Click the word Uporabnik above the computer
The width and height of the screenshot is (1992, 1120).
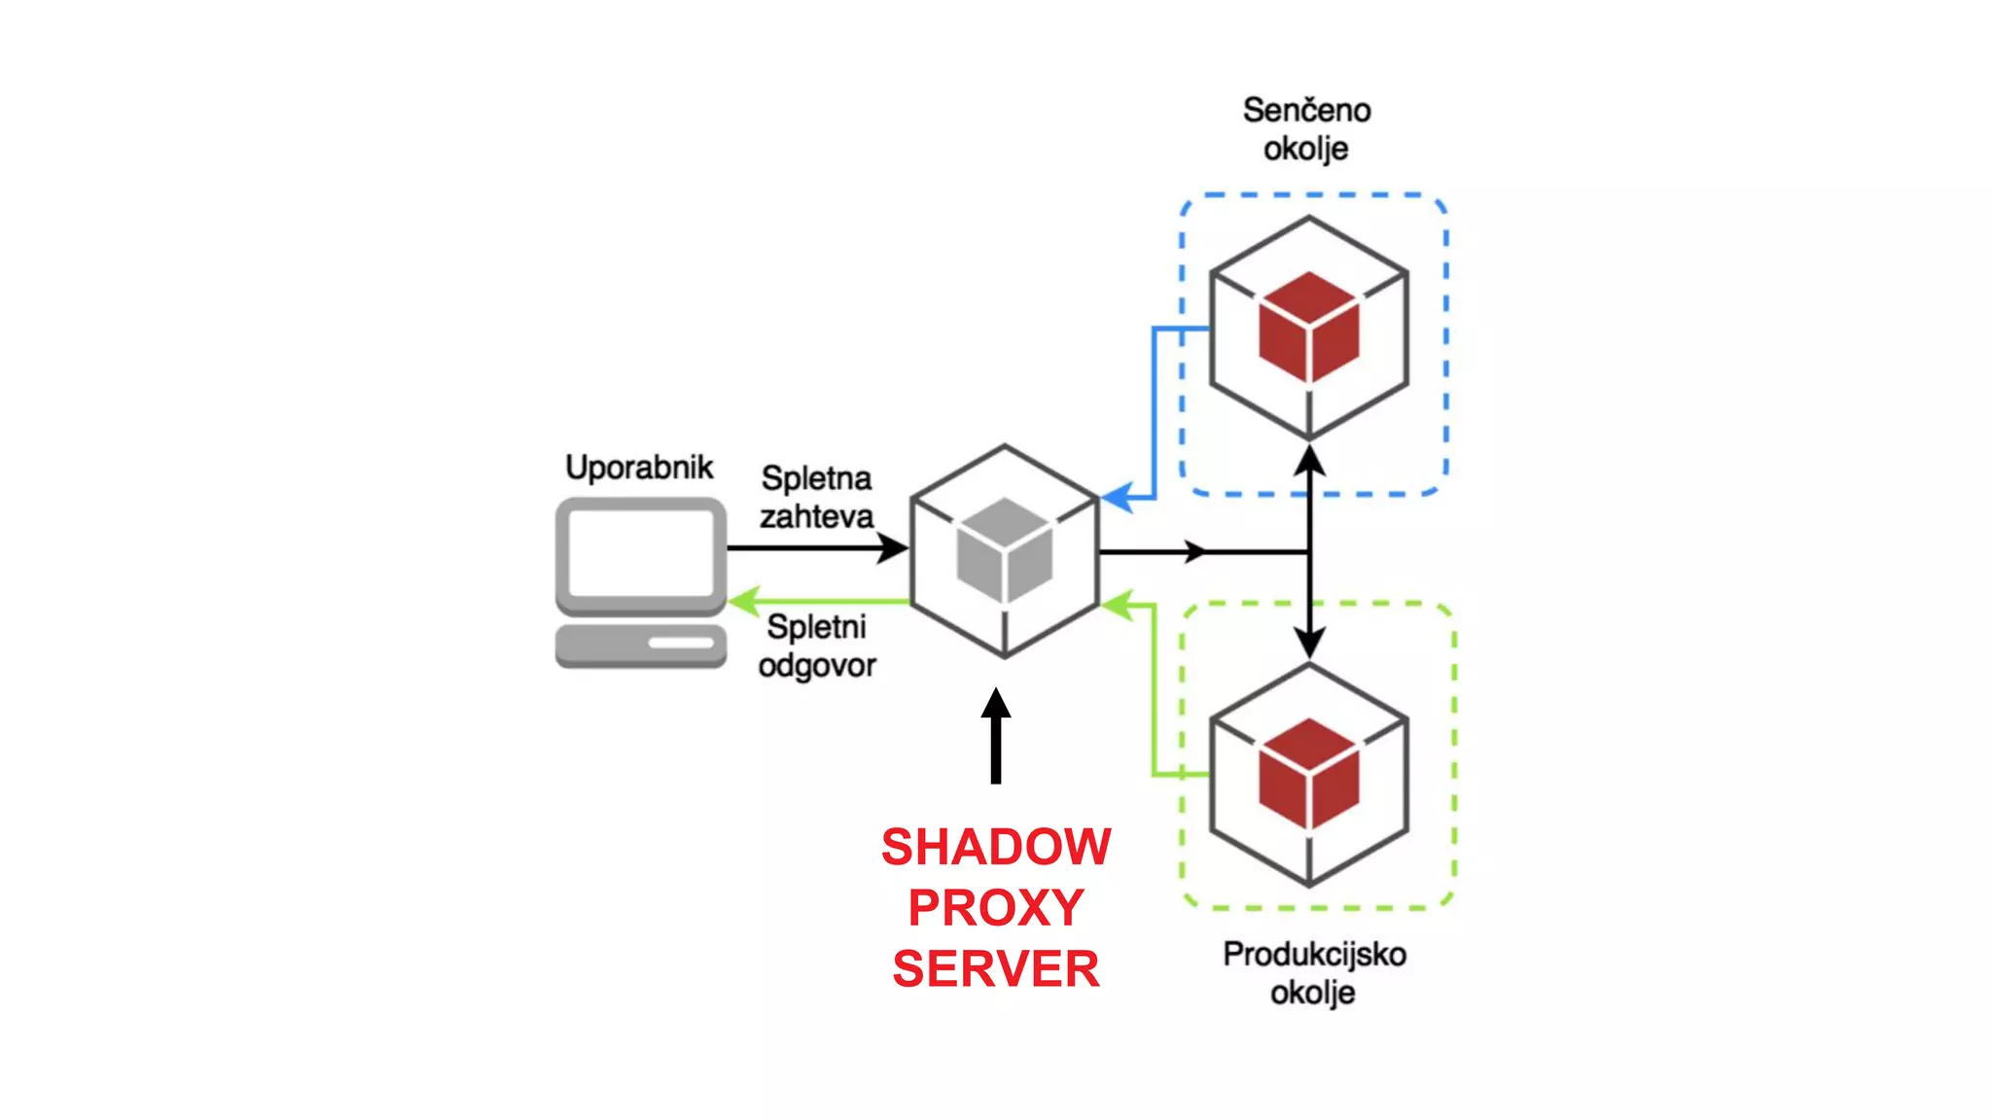(639, 468)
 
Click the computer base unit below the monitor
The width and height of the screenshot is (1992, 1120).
(641, 646)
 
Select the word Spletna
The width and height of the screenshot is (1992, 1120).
(816, 478)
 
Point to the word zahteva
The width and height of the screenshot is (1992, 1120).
(816, 516)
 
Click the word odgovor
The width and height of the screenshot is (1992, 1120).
(817, 666)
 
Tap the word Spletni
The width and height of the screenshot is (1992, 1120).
(816, 627)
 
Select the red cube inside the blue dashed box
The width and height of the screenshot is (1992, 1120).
(1308, 328)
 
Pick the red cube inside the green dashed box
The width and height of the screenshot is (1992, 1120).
(1308, 774)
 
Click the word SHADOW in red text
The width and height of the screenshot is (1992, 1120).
(996, 847)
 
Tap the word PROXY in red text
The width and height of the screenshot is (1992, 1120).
(996, 908)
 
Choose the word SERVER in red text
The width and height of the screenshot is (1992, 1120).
(996, 969)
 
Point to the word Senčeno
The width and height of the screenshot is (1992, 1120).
(1306, 110)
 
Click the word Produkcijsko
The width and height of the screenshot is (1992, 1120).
(1314, 954)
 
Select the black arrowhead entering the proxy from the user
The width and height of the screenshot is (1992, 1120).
(892, 548)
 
